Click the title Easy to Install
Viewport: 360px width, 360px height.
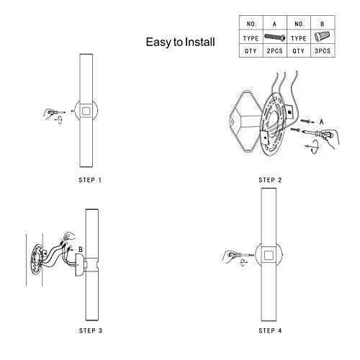pos(180,42)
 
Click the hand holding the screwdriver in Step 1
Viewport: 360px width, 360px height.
pos(50,112)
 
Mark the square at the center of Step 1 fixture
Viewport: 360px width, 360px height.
pos(85,112)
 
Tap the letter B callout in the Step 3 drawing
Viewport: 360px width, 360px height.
pos(81,249)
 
